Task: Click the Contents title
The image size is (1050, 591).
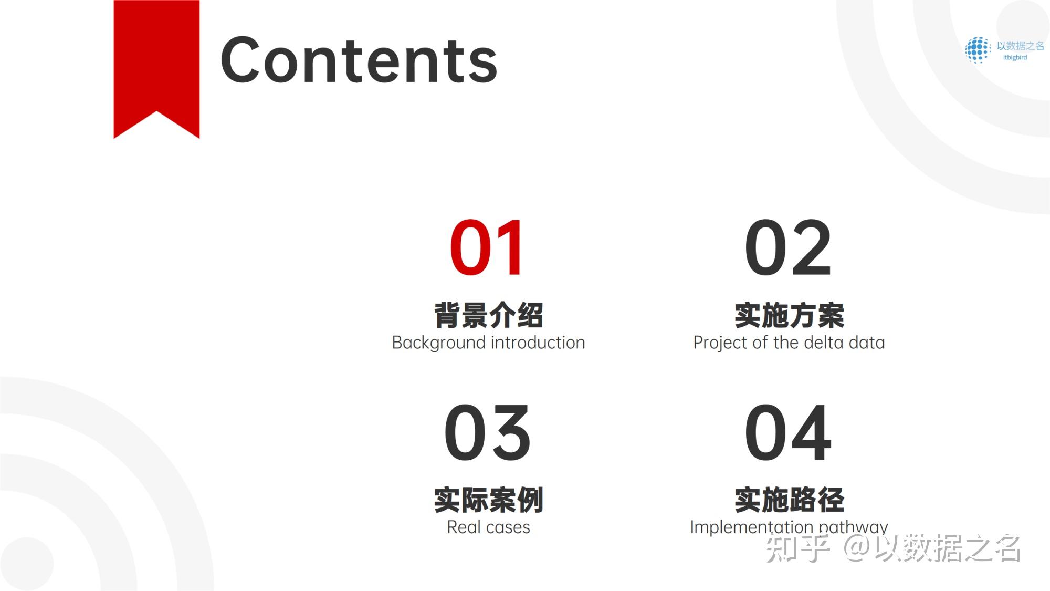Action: click(359, 60)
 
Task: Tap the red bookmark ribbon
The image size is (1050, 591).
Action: click(156, 63)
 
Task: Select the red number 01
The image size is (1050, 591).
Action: click(487, 248)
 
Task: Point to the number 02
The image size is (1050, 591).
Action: click(788, 248)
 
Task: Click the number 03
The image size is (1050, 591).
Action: click(488, 432)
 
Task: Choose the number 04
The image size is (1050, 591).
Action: click(788, 432)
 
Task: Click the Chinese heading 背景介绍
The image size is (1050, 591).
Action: click(488, 315)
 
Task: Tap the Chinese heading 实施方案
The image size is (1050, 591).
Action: click(789, 315)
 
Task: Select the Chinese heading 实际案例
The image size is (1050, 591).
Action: click(488, 500)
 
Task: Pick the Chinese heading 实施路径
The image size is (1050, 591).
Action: click(789, 500)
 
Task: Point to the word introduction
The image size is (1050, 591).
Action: click(538, 343)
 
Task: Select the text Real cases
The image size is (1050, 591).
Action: click(488, 527)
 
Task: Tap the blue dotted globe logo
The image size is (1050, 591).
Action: click(978, 50)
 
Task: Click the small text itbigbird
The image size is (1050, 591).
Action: click(1015, 57)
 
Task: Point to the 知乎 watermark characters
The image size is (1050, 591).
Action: click(797, 548)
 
